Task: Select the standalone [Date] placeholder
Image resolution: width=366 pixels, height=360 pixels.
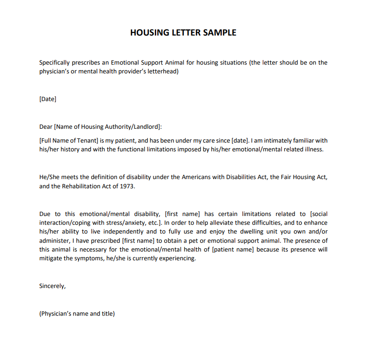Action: (x=48, y=99)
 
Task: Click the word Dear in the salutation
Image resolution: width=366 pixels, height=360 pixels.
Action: (x=46, y=126)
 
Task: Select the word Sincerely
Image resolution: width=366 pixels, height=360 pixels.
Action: (x=52, y=286)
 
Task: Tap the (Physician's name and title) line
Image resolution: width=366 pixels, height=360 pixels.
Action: (x=77, y=313)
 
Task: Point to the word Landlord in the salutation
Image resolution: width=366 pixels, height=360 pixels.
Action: (x=146, y=126)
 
